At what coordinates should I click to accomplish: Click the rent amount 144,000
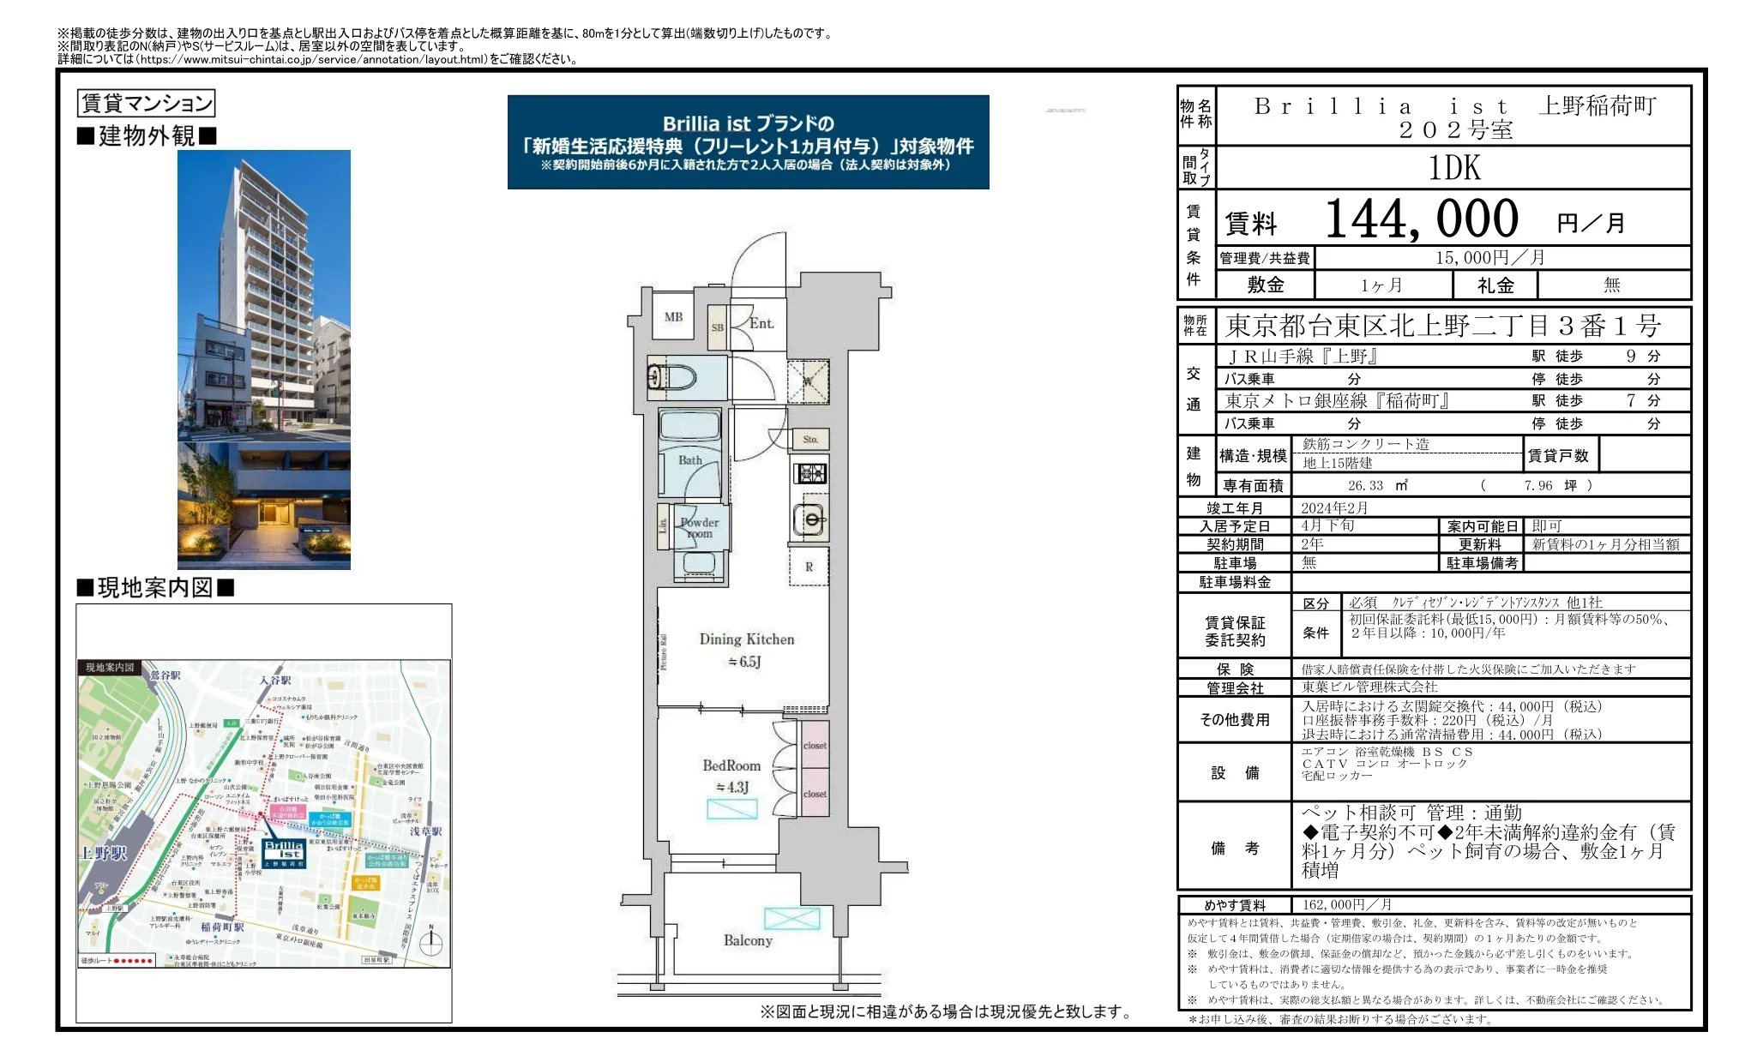tap(1421, 219)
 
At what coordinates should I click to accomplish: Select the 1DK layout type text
tap(1454, 168)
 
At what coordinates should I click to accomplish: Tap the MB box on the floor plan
tap(673, 317)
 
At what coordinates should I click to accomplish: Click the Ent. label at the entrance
tap(761, 323)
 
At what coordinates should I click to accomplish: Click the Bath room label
tap(690, 460)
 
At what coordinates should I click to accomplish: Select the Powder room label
tap(700, 527)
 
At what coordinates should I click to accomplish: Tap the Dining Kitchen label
tap(747, 639)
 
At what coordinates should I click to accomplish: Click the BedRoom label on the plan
tap(731, 765)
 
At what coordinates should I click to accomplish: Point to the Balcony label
tap(748, 940)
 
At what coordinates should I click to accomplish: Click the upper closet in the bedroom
tap(815, 746)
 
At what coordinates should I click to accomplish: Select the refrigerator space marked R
tap(809, 567)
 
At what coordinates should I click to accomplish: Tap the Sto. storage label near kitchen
tap(810, 440)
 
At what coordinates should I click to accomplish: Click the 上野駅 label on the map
tap(104, 853)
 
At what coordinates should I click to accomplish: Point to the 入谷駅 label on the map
tap(276, 680)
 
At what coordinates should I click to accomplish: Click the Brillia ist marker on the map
tap(284, 850)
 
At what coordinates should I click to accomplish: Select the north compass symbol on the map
tap(431, 941)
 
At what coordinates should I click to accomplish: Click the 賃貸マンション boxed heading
tap(146, 104)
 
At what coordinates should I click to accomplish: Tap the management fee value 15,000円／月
tap(1490, 258)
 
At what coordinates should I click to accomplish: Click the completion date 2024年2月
tap(1334, 508)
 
